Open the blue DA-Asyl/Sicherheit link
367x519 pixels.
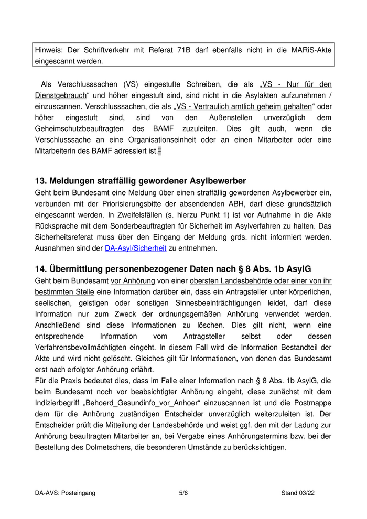(135, 248)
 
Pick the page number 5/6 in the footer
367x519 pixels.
(183, 493)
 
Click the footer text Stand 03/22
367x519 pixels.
(297, 493)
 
